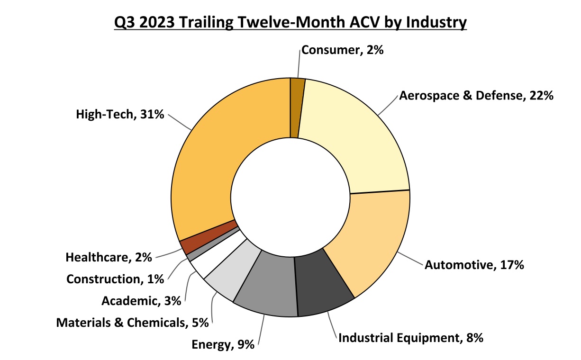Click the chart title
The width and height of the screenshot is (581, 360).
pos(290,22)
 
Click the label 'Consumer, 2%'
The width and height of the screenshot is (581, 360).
pos(343,50)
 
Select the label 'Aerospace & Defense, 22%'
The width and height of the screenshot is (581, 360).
pos(476,96)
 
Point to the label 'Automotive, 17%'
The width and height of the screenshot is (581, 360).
pos(474,265)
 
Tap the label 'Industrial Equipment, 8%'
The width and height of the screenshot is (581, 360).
pos(410,338)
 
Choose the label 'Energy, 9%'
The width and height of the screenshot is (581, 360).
pos(223,344)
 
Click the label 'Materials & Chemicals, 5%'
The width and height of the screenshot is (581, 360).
pos(133,323)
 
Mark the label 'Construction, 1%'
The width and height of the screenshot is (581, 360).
pos(115,279)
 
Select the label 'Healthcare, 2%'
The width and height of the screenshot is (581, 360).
pos(109,258)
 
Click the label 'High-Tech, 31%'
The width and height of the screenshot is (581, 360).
pos(120,114)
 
